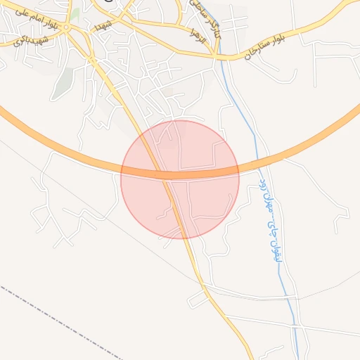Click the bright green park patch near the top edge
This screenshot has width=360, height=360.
[x=75, y=14]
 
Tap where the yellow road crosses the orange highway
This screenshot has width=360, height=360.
[x=162, y=173]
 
